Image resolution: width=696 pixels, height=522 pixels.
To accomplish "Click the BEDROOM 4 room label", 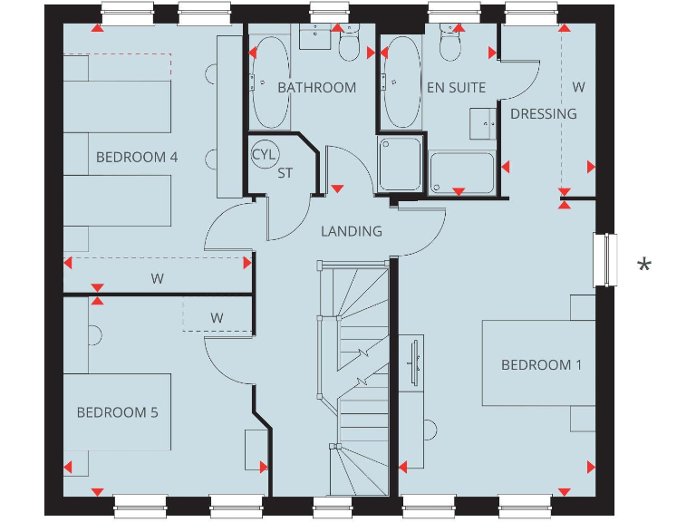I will point(137,157).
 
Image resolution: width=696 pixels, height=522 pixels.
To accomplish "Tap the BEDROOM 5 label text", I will point(117,412).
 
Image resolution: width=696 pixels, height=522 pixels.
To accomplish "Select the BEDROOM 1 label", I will point(542,364).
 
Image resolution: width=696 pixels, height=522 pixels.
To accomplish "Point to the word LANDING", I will point(352,231).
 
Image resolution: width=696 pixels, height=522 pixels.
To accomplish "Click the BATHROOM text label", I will point(317,88).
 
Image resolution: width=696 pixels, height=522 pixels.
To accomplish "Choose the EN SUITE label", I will point(456,88).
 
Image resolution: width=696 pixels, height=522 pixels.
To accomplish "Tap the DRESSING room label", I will point(544,113).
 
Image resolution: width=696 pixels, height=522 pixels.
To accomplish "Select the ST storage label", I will point(285,172).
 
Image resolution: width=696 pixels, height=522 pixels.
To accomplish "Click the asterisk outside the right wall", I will point(643,266).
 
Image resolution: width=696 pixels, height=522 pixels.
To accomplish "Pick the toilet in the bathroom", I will point(349,43).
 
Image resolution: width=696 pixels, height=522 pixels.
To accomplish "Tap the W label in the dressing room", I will point(578,88).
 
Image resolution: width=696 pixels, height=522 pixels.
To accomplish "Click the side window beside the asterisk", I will point(604,260).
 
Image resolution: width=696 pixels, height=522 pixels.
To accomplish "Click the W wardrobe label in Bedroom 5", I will point(217,318).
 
